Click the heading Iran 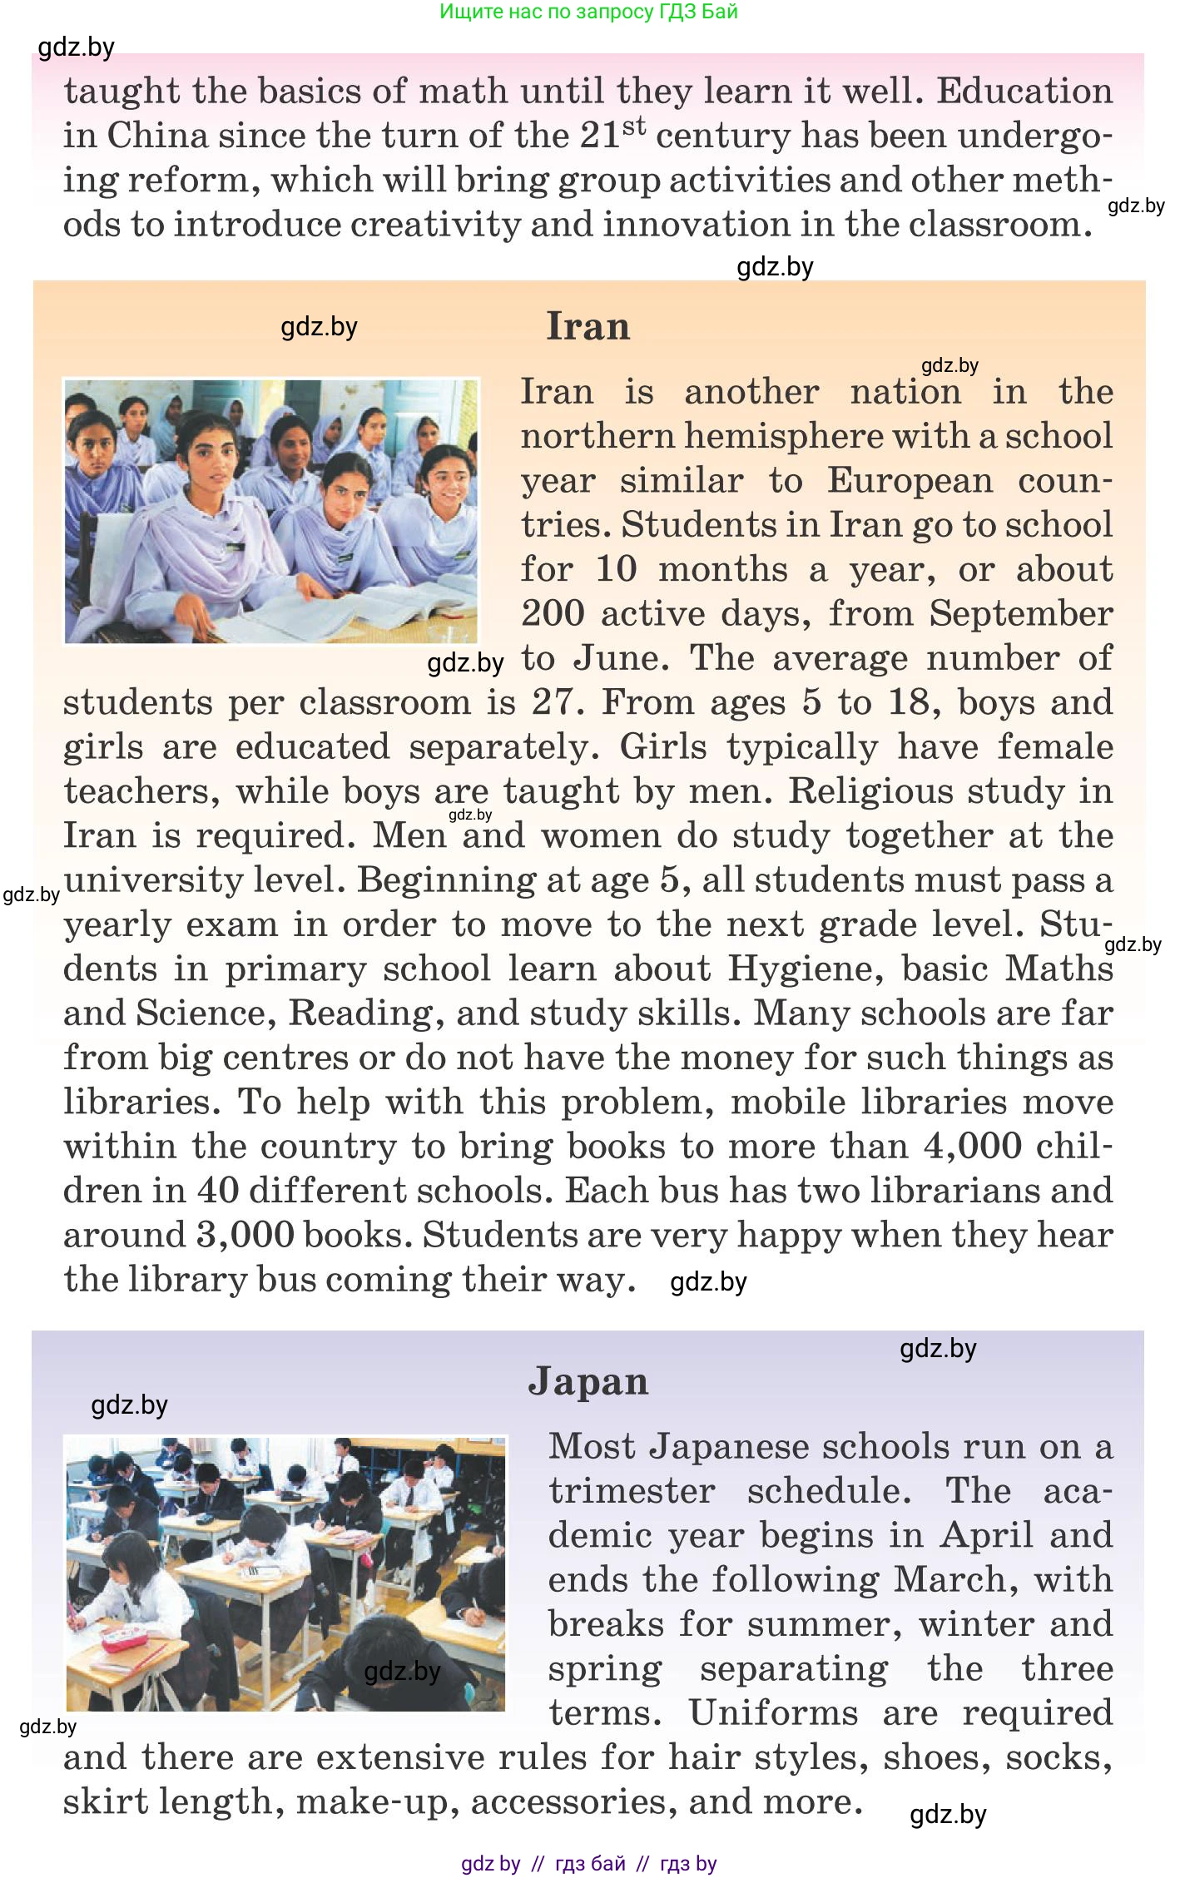click(x=588, y=326)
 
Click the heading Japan click(x=588, y=1382)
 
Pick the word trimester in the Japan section click(x=632, y=1491)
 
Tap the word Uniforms click(x=773, y=1713)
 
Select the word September click(x=1021, y=614)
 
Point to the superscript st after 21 click(x=634, y=126)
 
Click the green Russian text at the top click(x=588, y=12)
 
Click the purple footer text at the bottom click(x=588, y=1864)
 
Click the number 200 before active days click(x=553, y=614)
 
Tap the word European click(x=910, y=481)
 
